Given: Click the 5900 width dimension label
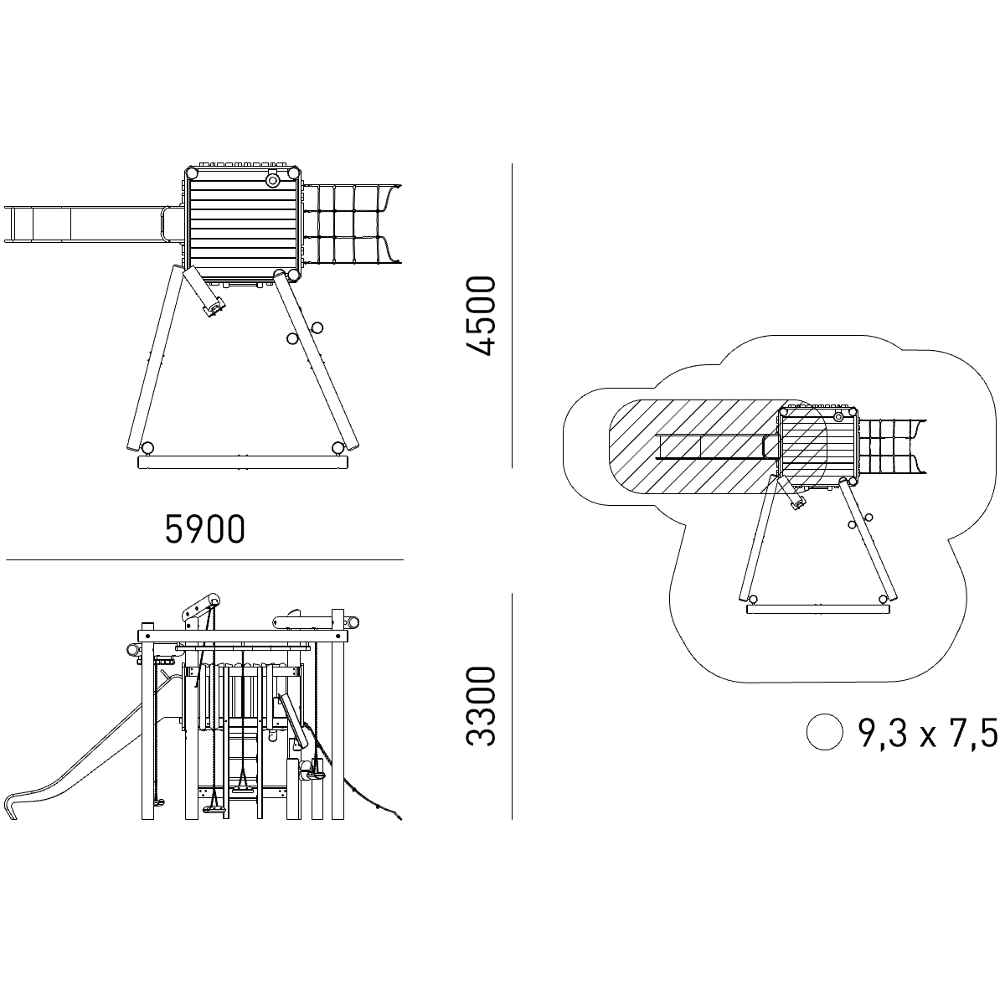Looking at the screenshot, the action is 205,529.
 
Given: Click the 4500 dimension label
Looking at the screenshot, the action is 480,316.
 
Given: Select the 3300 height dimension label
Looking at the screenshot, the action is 480,707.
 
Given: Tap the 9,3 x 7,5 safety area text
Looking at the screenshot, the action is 928,733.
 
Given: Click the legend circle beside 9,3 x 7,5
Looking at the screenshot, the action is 825,732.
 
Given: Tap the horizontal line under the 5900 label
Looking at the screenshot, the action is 204,560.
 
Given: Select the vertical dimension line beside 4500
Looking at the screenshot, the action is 513,316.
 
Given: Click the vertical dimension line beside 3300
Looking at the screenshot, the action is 513,706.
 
